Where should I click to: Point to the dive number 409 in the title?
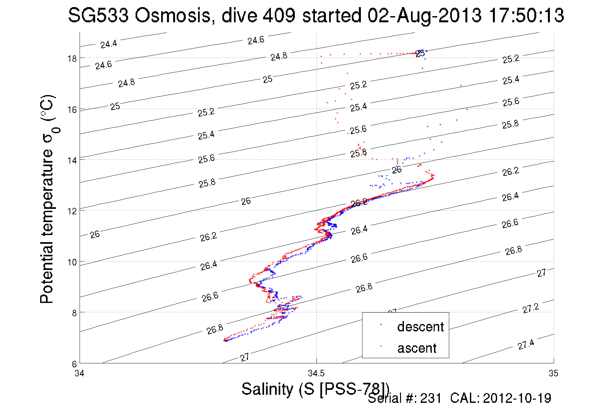[279, 15]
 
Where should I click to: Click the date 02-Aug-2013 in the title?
[424, 15]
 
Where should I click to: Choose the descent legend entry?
[420, 327]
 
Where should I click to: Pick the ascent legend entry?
[417, 348]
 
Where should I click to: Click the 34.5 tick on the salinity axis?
[316, 373]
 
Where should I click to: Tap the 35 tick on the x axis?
[553, 373]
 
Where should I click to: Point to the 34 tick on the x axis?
[79, 373]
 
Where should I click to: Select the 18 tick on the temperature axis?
[72, 59]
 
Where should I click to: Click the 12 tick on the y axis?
[72, 211]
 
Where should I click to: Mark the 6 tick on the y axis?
[74, 364]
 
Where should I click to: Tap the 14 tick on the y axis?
[72, 160]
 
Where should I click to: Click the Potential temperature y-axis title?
[47, 199]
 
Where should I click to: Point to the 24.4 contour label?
[108, 44]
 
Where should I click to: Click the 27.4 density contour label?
[526, 345]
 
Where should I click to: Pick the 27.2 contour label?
[531, 308]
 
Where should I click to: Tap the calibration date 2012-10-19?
[517, 398]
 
